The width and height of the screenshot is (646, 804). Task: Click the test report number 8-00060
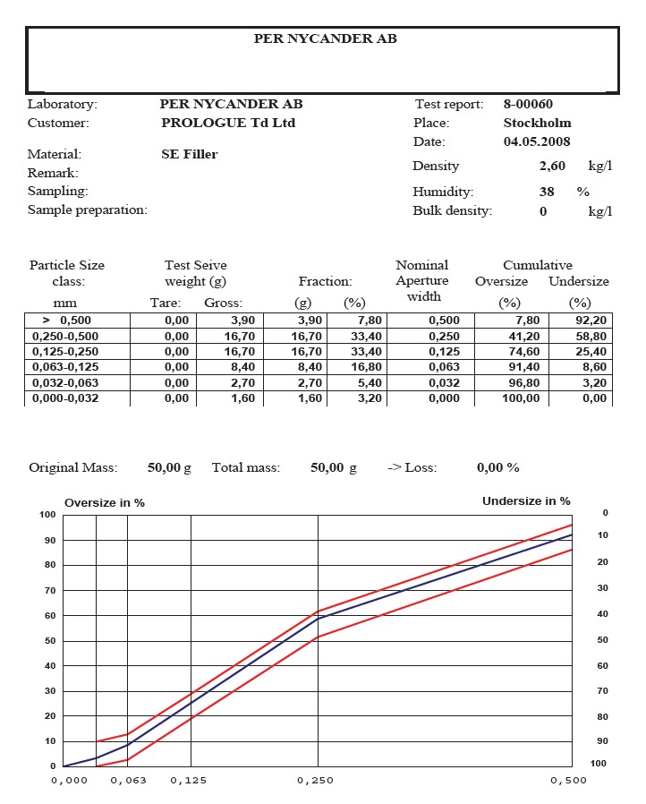tap(528, 105)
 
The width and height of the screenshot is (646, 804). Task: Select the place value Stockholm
tap(537, 123)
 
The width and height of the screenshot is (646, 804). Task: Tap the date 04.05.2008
tap(537, 141)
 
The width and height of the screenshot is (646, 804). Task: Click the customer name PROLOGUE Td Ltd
tap(228, 123)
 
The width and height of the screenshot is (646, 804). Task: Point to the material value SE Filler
tap(189, 154)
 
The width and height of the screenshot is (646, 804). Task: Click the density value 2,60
tap(552, 167)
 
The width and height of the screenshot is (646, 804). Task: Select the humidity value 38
tap(547, 192)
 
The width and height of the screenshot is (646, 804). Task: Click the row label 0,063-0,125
tap(64, 366)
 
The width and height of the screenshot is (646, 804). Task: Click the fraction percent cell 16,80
tap(365, 366)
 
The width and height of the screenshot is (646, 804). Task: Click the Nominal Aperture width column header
tap(422, 280)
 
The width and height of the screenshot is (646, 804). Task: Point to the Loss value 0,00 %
tap(497, 467)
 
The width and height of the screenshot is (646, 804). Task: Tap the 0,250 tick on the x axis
tap(315, 781)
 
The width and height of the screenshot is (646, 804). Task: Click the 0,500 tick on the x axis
tap(568, 781)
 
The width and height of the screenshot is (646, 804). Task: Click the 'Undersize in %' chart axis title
tap(526, 501)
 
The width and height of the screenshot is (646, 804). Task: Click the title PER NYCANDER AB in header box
tap(325, 39)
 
